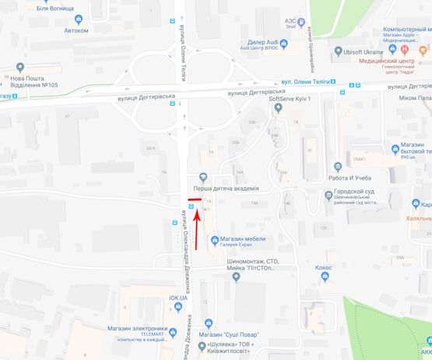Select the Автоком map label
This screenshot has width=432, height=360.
(76, 30)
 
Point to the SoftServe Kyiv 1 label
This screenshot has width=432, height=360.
(290, 100)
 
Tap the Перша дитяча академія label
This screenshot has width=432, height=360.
(226, 188)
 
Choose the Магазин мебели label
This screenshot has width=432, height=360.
(242, 239)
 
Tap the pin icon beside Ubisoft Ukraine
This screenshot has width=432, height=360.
(338, 51)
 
